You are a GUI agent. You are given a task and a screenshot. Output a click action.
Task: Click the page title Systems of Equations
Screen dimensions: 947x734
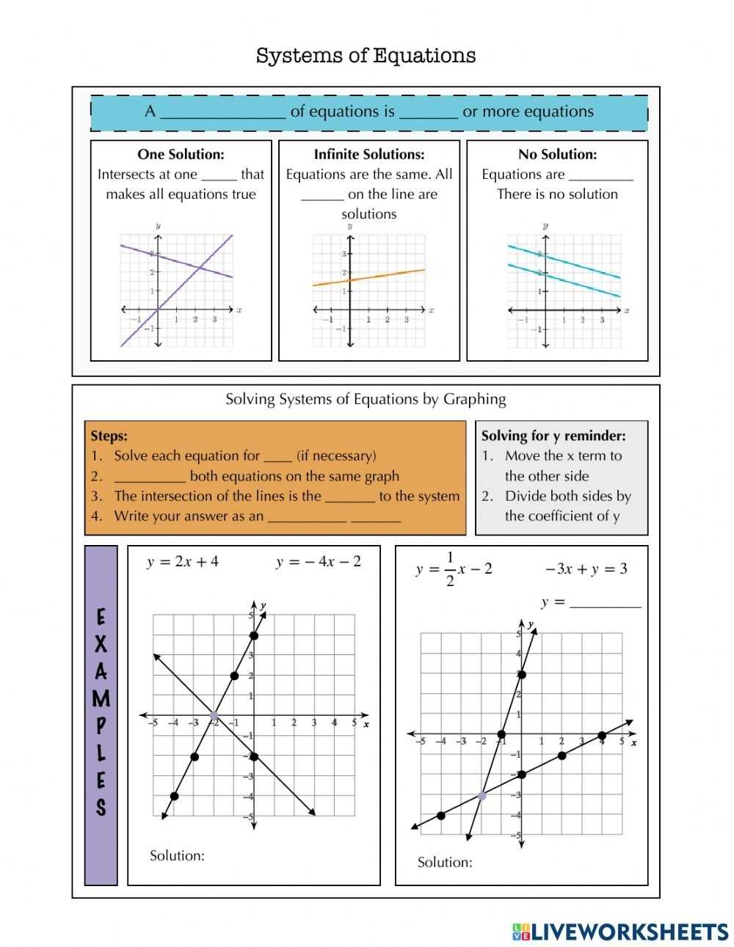click(x=366, y=56)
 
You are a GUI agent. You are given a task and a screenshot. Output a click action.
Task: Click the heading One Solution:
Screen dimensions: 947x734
click(x=181, y=154)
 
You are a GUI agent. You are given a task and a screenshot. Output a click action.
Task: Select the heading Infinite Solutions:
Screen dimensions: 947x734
click(x=369, y=154)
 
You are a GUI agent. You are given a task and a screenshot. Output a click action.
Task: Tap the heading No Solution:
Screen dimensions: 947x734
click(x=557, y=154)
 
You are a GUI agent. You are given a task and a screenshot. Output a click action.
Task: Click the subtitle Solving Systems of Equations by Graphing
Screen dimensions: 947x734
click(x=366, y=399)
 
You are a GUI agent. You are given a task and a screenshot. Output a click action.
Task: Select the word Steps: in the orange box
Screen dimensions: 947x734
click(x=109, y=436)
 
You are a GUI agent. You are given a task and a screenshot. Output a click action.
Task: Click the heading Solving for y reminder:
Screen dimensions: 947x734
click(x=553, y=436)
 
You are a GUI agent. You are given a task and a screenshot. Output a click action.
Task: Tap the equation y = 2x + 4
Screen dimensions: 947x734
click(x=183, y=562)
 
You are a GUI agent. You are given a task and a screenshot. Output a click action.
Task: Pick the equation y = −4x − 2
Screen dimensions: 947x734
click(x=319, y=562)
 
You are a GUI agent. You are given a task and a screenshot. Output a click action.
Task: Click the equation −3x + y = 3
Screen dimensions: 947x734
click(x=586, y=568)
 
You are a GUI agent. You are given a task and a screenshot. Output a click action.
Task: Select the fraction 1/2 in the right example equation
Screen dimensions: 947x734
click(x=450, y=569)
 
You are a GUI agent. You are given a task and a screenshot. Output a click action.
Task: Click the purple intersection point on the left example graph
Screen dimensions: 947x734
click(x=214, y=716)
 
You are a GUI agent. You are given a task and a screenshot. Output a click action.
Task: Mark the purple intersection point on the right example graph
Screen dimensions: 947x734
click(x=482, y=795)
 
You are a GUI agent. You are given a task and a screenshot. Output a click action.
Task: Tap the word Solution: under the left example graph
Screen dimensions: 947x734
click(x=177, y=855)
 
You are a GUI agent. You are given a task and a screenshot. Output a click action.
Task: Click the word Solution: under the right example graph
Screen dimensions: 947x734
click(x=445, y=862)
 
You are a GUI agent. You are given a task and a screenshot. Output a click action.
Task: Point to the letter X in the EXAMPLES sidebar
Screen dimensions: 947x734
click(x=101, y=644)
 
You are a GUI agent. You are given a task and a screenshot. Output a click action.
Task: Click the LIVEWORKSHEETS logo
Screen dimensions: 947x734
click(x=620, y=931)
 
